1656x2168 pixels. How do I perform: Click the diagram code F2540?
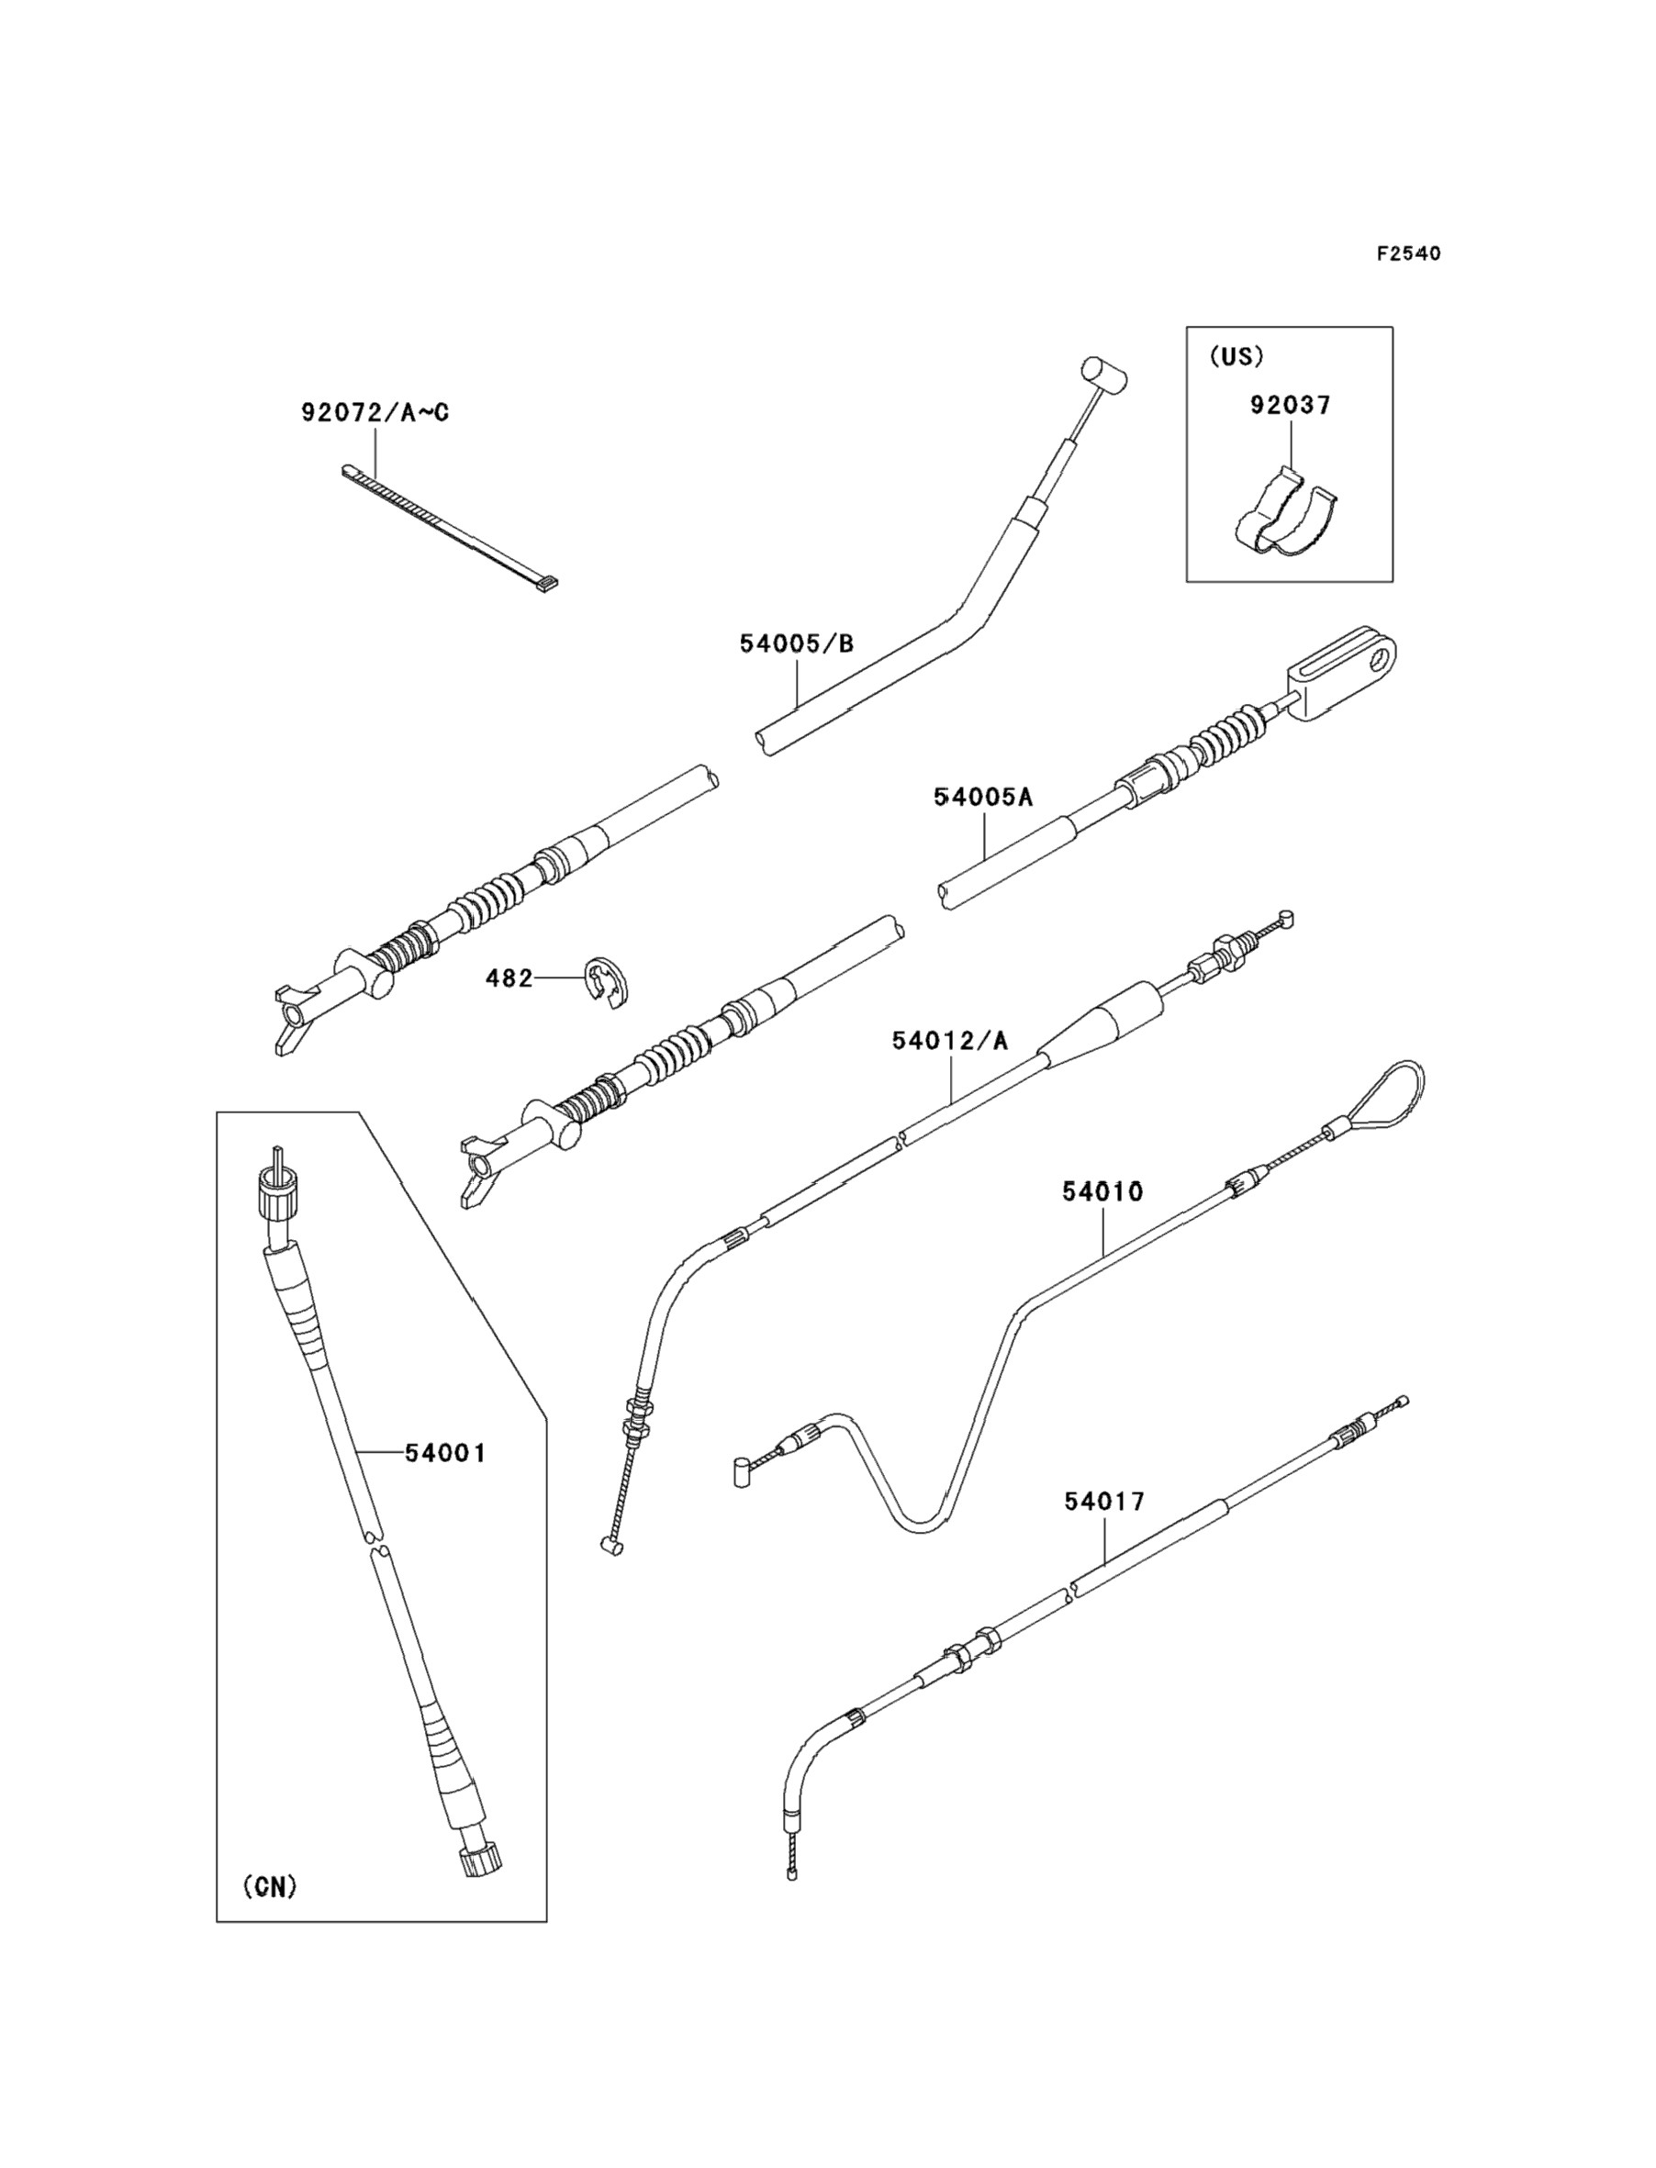[1408, 254]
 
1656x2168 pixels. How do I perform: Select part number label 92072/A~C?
[375, 413]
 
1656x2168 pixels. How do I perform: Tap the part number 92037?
[1291, 405]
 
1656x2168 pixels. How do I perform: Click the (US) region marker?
[1236, 357]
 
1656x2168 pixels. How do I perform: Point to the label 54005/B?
[797, 644]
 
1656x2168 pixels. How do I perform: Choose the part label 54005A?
[983, 798]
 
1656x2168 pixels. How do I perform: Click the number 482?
[509, 978]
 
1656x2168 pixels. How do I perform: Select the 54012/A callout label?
[950, 1041]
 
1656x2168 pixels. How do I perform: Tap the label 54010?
[1102, 1192]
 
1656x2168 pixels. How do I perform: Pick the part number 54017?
[1104, 1502]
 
